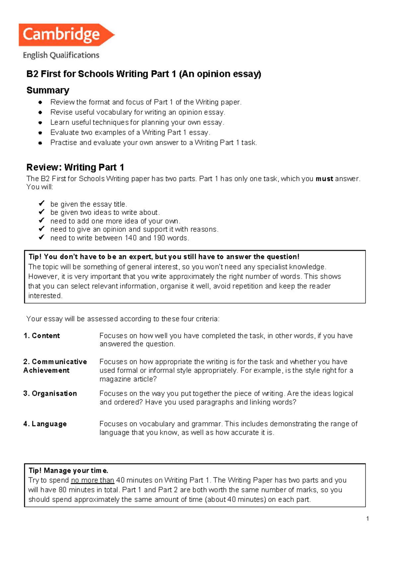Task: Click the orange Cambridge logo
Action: [x=66, y=35]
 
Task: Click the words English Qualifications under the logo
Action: [x=61, y=55]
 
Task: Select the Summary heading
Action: [x=48, y=90]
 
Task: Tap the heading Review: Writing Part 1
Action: [x=75, y=167]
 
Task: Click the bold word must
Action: [x=324, y=179]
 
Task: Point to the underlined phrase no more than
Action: [x=93, y=480]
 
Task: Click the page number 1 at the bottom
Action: [x=367, y=519]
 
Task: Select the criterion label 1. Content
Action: [x=42, y=336]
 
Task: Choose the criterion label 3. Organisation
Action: [x=50, y=393]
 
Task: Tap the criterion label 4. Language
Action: [x=45, y=424]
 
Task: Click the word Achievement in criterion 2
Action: [x=46, y=370]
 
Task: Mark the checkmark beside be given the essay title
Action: [x=41, y=203]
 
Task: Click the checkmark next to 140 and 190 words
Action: [x=41, y=237]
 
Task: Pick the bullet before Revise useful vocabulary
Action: [x=40, y=113]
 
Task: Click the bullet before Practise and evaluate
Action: [x=40, y=143]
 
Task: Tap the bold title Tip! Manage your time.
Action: [x=68, y=470]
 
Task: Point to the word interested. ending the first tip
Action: [x=45, y=296]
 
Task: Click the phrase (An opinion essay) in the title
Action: [x=220, y=74]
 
